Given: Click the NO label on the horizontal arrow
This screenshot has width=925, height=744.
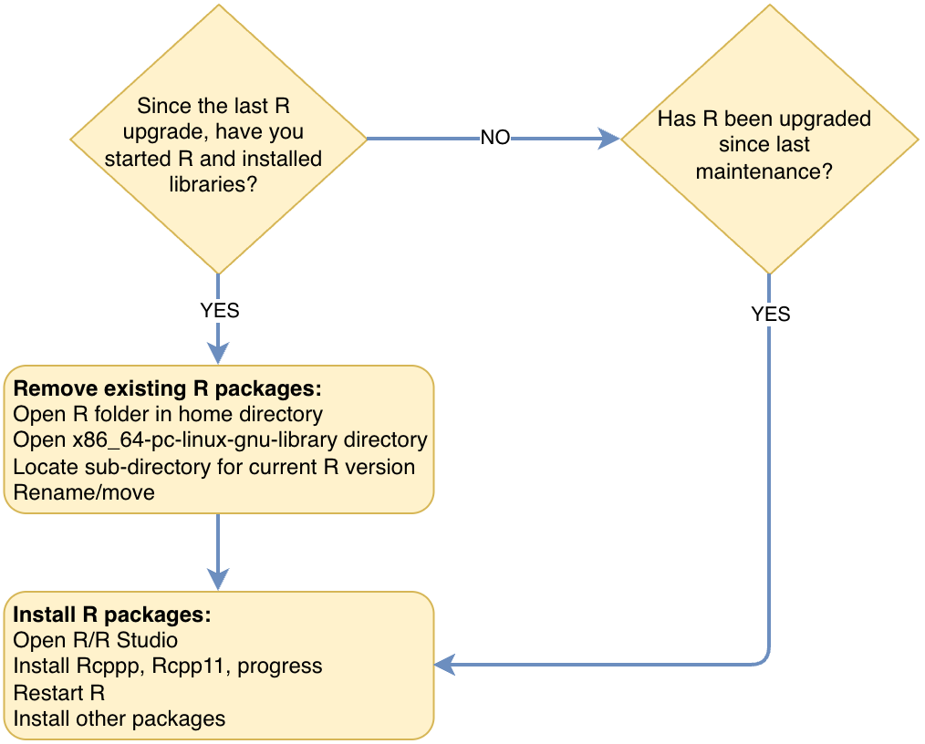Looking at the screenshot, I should click(494, 138).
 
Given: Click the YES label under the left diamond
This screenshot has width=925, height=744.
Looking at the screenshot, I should click(219, 311).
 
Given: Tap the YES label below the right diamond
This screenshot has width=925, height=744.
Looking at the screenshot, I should click(770, 315).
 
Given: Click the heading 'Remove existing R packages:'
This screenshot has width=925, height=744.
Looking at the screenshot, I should click(168, 389).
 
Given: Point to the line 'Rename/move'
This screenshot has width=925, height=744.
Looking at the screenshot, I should click(84, 492).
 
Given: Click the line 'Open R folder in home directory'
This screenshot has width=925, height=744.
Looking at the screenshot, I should click(168, 415).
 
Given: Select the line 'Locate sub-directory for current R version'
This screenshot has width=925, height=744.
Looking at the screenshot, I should click(214, 467).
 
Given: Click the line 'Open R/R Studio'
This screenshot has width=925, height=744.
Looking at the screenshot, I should click(95, 640).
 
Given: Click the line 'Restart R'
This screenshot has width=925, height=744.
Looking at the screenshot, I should click(59, 692).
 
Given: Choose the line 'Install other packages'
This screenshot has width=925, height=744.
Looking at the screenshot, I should click(120, 718).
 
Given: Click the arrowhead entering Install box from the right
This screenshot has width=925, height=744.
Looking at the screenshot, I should click(446, 665).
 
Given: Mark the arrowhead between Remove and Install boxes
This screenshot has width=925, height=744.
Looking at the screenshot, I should click(218, 578).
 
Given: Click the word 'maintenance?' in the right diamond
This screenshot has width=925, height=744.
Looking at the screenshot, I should click(764, 170).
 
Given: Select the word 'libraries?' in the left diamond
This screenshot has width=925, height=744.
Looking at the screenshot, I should click(213, 183).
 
